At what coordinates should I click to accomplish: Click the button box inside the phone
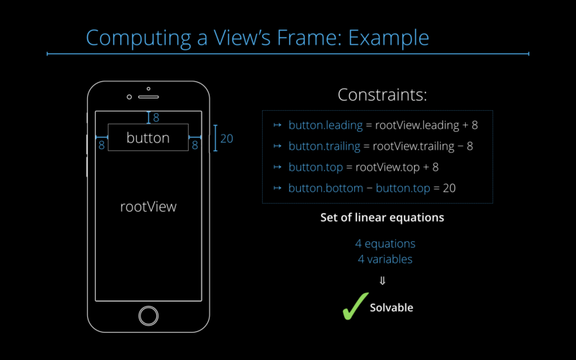click(x=148, y=138)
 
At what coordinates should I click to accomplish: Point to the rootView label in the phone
click(x=148, y=207)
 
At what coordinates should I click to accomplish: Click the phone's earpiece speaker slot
click(x=148, y=96)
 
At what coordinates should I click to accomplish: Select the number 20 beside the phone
click(x=227, y=138)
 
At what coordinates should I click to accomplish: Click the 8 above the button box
click(x=156, y=117)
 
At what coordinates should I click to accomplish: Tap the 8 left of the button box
click(x=102, y=145)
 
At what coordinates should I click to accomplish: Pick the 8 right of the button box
click(x=194, y=145)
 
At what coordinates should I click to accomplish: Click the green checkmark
click(x=354, y=305)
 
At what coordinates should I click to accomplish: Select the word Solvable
click(x=392, y=307)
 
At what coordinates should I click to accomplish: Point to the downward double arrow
click(x=382, y=281)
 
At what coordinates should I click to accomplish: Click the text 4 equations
click(x=385, y=244)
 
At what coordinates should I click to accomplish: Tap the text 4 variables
click(x=385, y=258)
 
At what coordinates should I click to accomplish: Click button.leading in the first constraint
click(x=325, y=125)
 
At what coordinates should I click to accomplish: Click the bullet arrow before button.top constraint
click(x=277, y=167)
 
